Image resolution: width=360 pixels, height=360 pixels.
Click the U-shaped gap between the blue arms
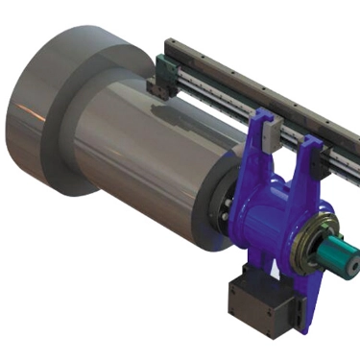[286, 168]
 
